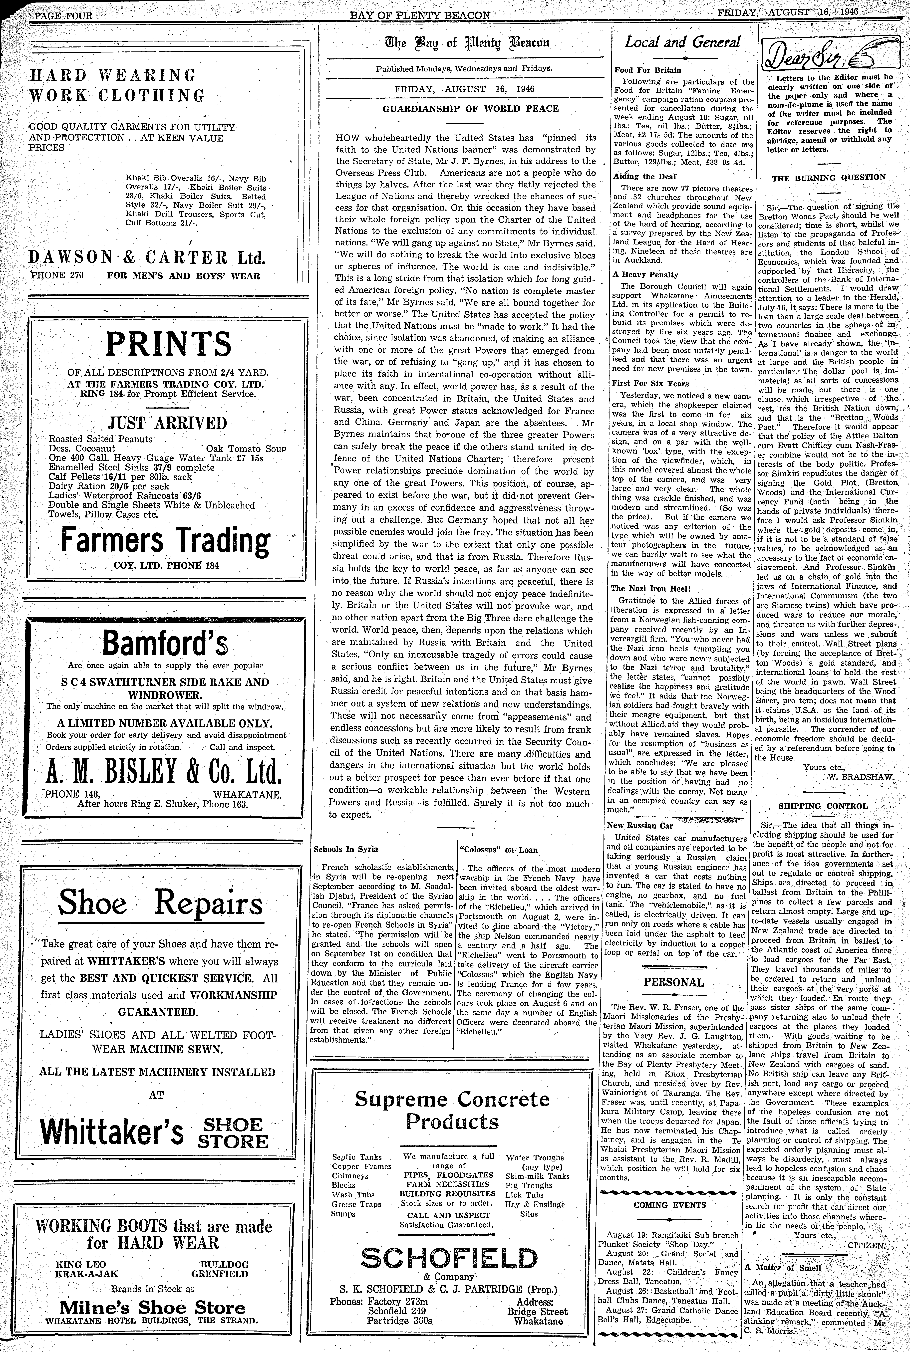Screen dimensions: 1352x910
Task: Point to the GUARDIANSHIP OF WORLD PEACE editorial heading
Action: pyautogui.click(x=470, y=109)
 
